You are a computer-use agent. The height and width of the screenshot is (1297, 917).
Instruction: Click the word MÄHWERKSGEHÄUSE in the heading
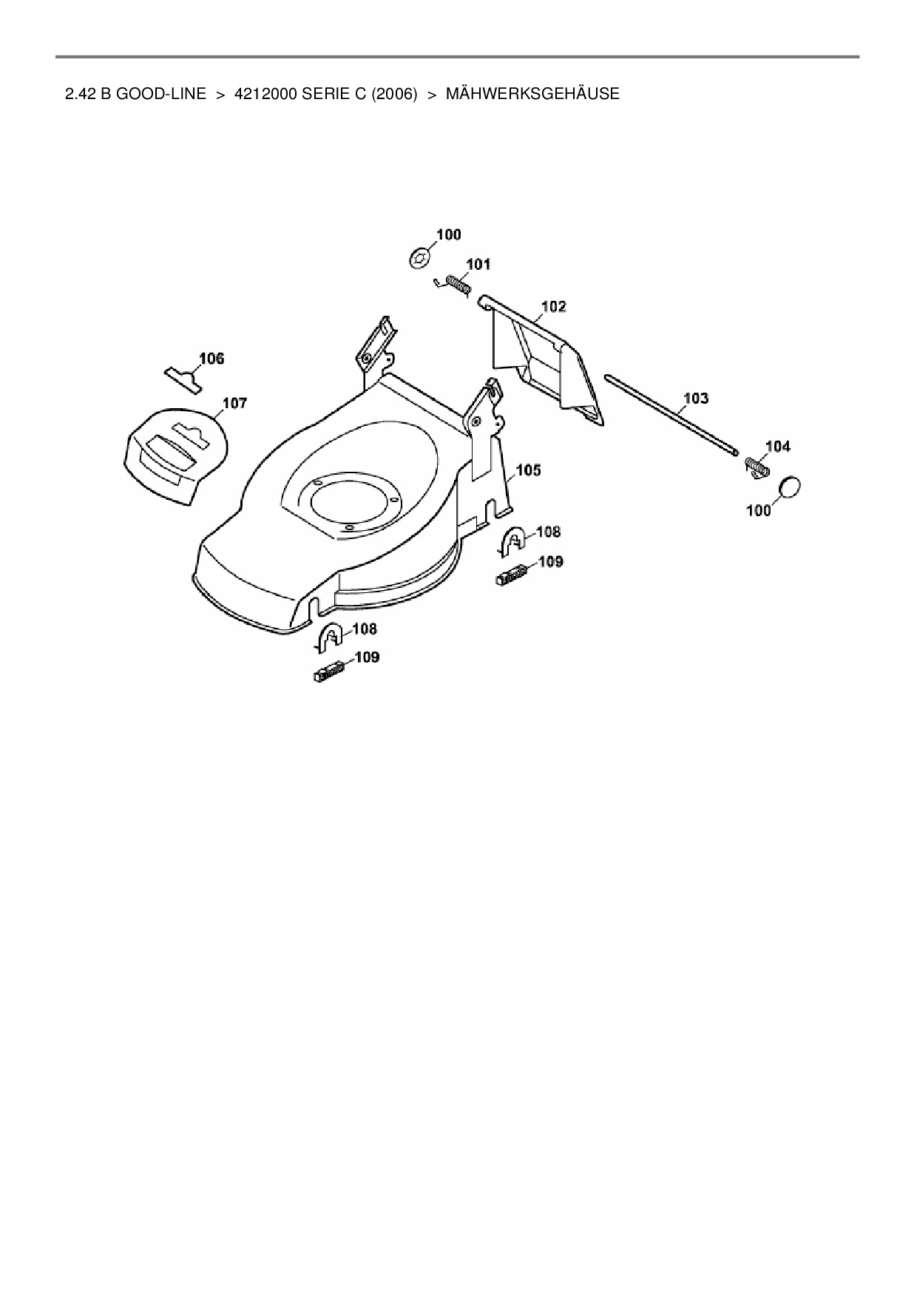coord(532,95)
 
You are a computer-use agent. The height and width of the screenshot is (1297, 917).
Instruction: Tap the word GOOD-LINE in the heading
coord(161,95)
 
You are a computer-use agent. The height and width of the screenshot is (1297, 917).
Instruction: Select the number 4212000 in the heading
coord(266,95)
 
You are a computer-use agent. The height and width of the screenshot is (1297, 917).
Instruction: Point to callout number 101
coord(478,264)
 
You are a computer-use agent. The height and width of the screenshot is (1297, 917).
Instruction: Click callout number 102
coord(554,306)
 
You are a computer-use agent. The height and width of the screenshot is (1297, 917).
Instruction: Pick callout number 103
coord(695,399)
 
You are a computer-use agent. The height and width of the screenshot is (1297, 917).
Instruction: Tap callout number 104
coord(777,446)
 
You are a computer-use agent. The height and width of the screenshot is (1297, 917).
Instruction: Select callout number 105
coord(528,470)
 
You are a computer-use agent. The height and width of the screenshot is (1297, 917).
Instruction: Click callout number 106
coord(212,359)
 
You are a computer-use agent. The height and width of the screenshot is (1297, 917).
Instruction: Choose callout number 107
coord(234,403)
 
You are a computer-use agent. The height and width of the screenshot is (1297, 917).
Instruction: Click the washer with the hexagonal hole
coord(420,260)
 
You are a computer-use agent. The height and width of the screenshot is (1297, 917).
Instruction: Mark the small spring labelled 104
coord(755,468)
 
